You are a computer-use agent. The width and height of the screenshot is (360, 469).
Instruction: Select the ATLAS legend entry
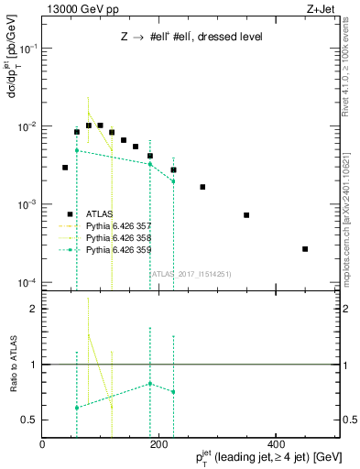click(x=102, y=213)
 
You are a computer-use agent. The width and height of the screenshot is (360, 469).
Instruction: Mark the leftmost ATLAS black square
click(x=65, y=168)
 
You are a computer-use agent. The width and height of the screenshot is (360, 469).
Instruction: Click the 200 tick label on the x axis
click(x=158, y=444)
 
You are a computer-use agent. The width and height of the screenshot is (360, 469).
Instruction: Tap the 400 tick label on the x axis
click(x=274, y=444)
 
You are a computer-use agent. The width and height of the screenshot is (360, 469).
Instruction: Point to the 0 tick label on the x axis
click(x=42, y=444)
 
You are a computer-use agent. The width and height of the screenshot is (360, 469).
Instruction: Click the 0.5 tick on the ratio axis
click(x=29, y=420)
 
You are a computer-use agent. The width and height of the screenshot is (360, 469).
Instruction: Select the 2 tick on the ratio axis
click(x=33, y=309)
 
